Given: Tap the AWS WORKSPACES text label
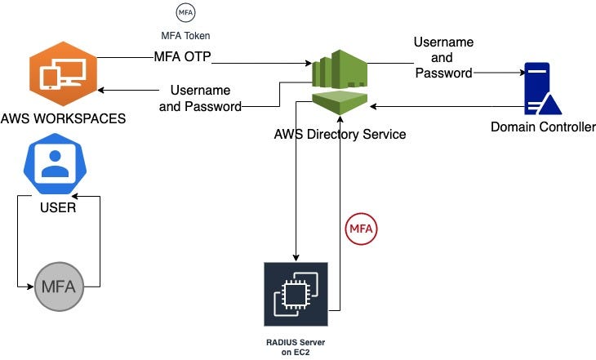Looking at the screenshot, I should tap(63, 118).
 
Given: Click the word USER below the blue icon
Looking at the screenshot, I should tap(58, 207).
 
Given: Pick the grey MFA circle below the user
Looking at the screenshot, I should tap(57, 287).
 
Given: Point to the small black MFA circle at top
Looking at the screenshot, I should tap(186, 13).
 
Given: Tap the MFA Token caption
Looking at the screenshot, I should tap(185, 36).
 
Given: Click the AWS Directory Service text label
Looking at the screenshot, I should tap(340, 135).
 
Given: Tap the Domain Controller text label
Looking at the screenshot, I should tap(543, 127).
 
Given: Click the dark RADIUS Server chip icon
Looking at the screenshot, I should tap(296, 294).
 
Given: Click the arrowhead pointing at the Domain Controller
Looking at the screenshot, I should tap(520, 73).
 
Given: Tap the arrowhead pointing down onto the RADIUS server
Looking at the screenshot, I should tap(296, 256).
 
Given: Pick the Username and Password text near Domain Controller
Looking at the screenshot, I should tap(443, 57).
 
